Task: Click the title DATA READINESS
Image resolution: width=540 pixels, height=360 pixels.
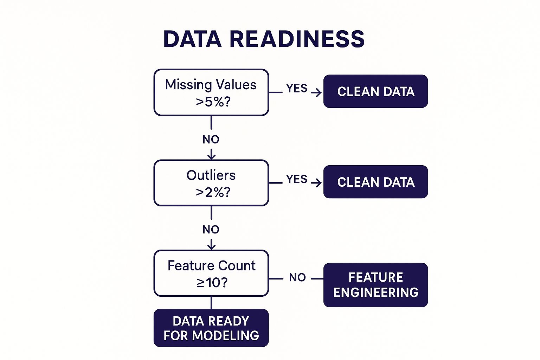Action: coord(264,39)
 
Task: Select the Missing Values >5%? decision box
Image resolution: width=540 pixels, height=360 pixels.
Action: coord(211,92)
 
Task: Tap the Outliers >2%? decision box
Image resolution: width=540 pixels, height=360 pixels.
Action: coord(211,183)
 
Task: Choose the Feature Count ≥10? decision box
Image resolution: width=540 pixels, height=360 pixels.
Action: coord(211,273)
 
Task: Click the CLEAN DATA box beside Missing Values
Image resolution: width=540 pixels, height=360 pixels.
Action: coord(375,91)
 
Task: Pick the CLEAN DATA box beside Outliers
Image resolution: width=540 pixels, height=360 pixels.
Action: coord(375,182)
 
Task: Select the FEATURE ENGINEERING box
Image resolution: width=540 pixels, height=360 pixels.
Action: coord(375,285)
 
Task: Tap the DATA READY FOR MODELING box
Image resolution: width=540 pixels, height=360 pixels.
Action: coord(211,328)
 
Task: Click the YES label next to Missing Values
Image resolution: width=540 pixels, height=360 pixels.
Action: coord(297,88)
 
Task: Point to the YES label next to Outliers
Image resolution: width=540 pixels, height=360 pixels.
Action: coord(297,179)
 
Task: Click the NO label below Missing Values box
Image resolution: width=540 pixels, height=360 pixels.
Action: coord(211,140)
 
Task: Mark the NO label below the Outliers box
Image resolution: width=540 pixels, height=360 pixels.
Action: coord(211,230)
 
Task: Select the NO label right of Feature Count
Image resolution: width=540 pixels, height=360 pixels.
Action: coord(297,277)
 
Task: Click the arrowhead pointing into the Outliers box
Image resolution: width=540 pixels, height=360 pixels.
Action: coord(211,156)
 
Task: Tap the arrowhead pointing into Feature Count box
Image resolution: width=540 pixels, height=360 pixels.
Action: coord(211,246)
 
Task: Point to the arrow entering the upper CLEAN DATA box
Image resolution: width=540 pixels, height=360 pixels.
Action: coord(316,92)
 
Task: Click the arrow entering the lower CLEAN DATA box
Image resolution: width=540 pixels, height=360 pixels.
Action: coord(316,183)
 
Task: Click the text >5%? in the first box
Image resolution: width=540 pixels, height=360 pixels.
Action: coord(213,102)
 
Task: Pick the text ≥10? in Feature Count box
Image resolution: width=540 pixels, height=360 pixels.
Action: coord(212,282)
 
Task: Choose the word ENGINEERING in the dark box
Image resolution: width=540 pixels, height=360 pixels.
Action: coord(376,292)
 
